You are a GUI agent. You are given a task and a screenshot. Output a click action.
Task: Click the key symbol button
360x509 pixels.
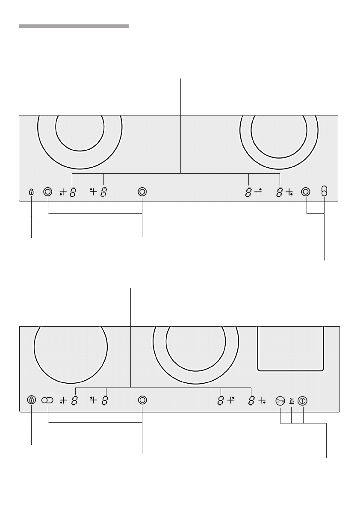[280, 401]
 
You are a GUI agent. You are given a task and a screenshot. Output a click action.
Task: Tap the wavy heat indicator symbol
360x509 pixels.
[292, 401]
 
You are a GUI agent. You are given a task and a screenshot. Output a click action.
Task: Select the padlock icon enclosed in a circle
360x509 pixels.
[32, 400]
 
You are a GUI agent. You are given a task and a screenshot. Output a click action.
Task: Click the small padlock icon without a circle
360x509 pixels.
[32, 192]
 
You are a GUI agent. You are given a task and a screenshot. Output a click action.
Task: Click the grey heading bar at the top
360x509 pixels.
[74, 26]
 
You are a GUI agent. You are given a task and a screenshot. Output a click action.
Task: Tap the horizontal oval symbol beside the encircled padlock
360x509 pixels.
[47, 400]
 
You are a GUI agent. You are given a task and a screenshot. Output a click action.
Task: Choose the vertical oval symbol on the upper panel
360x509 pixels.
[324, 191]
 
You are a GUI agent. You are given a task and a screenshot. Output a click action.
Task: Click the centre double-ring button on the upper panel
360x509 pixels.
[142, 192]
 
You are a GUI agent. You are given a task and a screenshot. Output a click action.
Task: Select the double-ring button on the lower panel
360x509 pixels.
[142, 400]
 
